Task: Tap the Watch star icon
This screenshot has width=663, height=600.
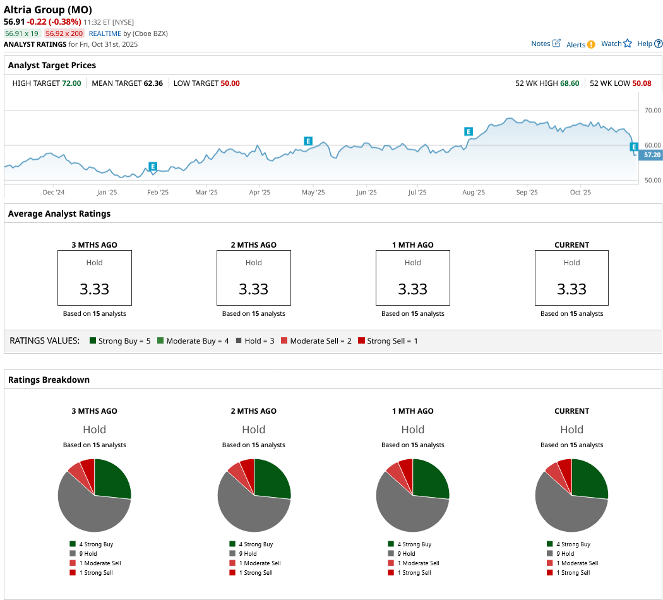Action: [x=628, y=44]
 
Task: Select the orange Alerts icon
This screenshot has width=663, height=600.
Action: [x=591, y=44]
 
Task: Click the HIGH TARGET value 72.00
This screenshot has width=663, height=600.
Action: [x=71, y=83]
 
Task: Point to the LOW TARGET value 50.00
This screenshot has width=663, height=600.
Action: [x=230, y=83]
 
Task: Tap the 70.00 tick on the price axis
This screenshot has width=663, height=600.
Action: [x=652, y=111]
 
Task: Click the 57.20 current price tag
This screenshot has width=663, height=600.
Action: [x=652, y=155]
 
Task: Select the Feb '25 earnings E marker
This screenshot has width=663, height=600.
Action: [x=152, y=167]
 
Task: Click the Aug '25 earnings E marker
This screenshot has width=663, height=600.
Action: [x=469, y=131]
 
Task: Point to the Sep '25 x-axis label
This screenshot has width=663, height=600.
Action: [x=527, y=193]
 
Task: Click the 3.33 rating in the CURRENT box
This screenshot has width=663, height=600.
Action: [x=571, y=289]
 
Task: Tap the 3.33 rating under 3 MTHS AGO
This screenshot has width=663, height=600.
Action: [x=95, y=289]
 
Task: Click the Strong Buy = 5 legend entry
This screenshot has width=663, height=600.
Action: [x=120, y=341]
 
